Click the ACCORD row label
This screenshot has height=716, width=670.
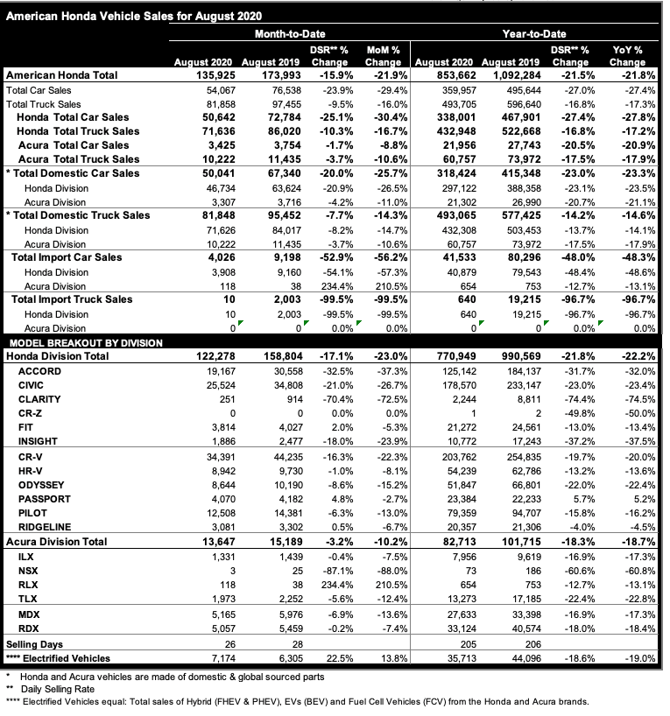pos(39,371)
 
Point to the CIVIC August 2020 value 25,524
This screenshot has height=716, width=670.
pos(210,385)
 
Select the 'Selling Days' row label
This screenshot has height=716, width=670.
pos(35,642)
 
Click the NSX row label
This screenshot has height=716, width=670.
pos(29,569)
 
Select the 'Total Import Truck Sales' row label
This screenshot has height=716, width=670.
pos(72,299)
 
